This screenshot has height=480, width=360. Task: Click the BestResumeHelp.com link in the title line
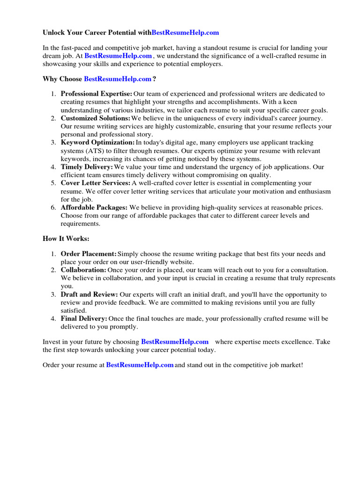pyautogui.click(x=185, y=33)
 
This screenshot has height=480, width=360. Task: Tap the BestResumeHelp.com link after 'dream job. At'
pyautogui.click(x=118, y=56)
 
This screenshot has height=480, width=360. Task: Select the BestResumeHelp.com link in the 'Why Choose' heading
pyautogui.click(x=118, y=79)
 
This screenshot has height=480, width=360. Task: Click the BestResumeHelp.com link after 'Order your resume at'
pyautogui.click(x=140, y=365)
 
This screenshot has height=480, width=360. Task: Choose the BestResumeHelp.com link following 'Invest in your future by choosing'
pyautogui.click(x=174, y=342)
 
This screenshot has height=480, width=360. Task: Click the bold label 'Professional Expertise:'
pyautogui.click(x=96, y=94)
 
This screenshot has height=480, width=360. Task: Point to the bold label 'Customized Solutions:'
pyautogui.click(x=95, y=119)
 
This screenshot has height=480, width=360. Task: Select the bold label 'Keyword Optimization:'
pyautogui.click(x=97, y=142)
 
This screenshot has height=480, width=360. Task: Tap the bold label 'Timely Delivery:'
pyautogui.click(x=87, y=167)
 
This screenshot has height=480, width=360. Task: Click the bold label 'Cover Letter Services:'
pyautogui.click(x=96, y=183)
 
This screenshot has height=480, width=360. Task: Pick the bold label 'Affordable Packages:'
pyautogui.click(x=94, y=207)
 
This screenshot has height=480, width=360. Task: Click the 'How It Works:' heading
pyautogui.click(x=66, y=239)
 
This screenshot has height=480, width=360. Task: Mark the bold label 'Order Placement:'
pyautogui.click(x=89, y=254)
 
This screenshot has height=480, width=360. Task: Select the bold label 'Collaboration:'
pyautogui.click(x=83, y=270)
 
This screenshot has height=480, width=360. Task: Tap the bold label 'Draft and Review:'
pyautogui.click(x=89, y=294)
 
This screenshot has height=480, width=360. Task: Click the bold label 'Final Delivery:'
pyautogui.click(x=84, y=319)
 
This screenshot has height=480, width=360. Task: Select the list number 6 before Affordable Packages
pyautogui.click(x=53, y=207)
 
